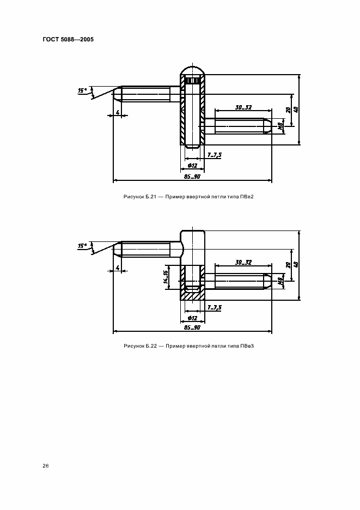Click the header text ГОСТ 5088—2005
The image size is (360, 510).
(x=68, y=39)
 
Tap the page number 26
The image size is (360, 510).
(x=46, y=466)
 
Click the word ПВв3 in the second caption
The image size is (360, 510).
(x=247, y=346)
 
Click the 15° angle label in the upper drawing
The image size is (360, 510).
(x=82, y=90)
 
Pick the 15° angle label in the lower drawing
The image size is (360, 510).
(x=82, y=246)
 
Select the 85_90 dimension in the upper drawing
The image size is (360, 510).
(x=192, y=177)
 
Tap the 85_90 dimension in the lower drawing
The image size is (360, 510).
(x=192, y=327)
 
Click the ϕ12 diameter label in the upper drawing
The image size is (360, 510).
(x=192, y=166)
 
